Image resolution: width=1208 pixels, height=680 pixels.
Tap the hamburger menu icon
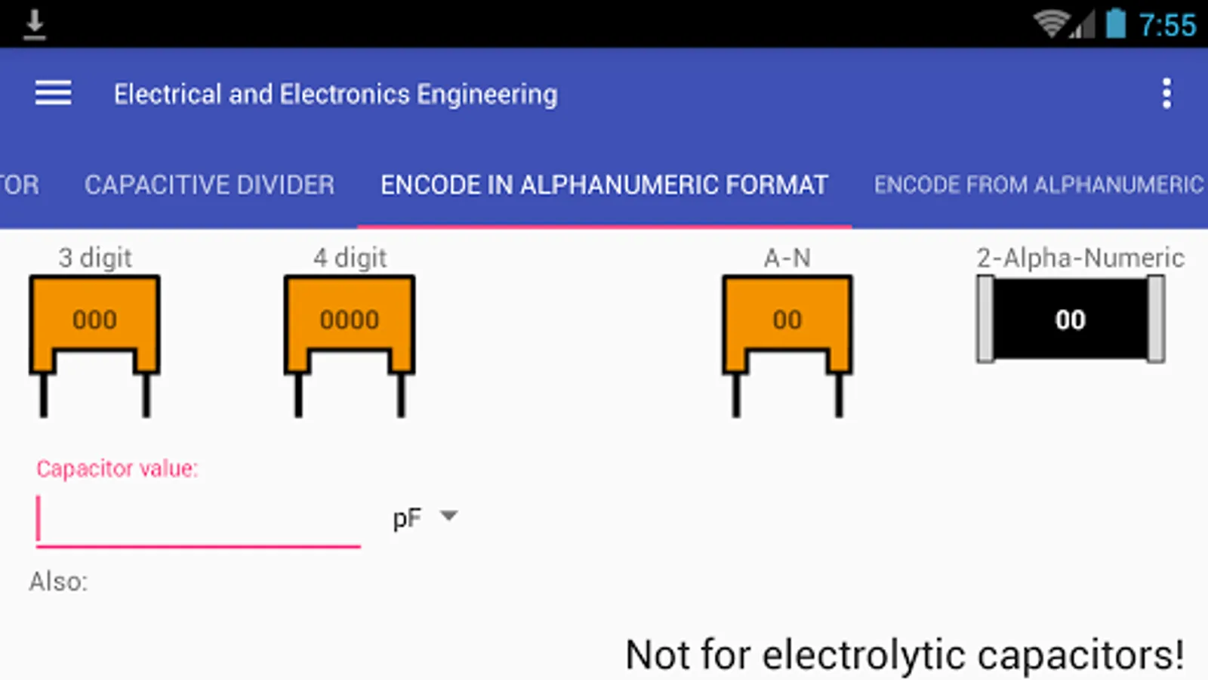coord(54,93)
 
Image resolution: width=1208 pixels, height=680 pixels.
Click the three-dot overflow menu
coord(1166,94)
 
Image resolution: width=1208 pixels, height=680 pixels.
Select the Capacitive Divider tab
coord(209,184)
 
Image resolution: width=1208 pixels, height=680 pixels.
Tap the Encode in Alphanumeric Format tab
coord(605,184)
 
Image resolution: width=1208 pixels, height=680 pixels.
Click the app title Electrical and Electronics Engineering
coord(335,94)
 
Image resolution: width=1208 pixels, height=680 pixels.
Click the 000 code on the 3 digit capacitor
coord(95,320)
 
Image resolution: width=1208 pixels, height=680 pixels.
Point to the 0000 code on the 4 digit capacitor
coord(350,320)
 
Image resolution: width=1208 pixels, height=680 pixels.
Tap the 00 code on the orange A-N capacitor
coord(787,320)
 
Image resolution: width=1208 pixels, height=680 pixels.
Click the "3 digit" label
coord(95,258)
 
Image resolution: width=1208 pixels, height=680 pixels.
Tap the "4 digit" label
coord(350,258)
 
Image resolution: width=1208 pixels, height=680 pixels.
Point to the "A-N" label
coord(787,258)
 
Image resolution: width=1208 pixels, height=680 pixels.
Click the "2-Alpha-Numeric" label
coord(1080,258)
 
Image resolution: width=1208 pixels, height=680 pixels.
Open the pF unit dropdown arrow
coord(448,516)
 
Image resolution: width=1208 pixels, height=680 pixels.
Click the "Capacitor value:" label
coord(117,468)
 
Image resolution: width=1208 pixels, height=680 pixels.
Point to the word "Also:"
coord(58,582)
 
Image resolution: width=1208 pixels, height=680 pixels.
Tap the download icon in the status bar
coord(35,25)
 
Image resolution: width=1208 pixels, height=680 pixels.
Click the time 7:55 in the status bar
coord(1167,25)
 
